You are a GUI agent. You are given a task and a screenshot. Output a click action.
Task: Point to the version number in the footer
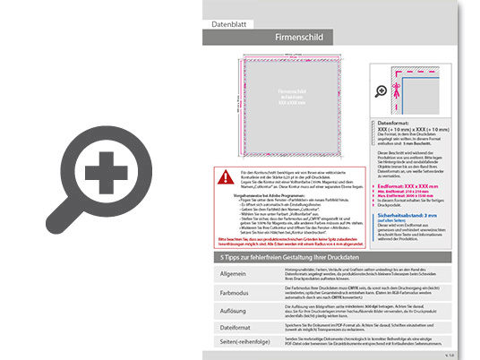click(450, 356)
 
